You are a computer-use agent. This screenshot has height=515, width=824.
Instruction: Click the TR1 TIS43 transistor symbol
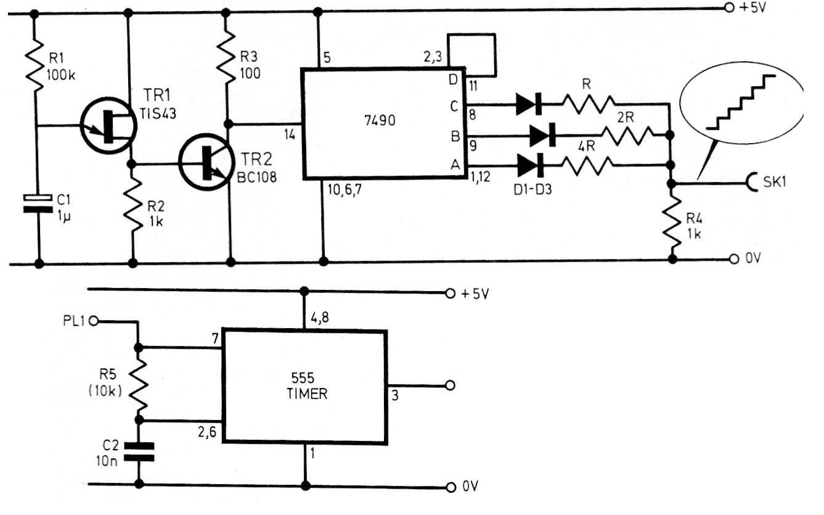coord(108,126)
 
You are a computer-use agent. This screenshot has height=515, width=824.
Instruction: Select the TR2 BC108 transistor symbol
coord(206,162)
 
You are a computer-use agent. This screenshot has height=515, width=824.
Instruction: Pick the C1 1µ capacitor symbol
coord(38,203)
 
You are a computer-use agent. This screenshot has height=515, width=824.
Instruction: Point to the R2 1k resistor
coord(133,205)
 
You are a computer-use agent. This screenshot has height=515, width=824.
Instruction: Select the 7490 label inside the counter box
coord(380,120)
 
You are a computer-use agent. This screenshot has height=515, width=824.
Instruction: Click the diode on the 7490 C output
coord(529,104)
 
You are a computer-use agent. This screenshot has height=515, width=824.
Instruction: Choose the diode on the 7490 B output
coord(542,135)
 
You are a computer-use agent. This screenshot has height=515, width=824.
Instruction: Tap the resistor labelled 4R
coord(589,165)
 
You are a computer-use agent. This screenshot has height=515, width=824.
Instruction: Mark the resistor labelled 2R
coord(629,135)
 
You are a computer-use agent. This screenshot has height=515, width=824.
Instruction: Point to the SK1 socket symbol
coord(753,182)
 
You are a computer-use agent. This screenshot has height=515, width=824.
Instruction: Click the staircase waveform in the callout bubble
coord(741,102)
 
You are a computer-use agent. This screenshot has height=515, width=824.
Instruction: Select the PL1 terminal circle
coord(94,321)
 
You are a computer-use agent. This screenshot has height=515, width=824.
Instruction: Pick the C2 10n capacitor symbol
coord(139,452)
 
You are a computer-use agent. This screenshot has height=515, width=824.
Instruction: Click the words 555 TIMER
coord(306,386)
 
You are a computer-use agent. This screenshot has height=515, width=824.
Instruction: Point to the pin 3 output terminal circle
coord(450,385)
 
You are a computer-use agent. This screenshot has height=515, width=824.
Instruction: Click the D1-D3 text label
coord(532,189)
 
